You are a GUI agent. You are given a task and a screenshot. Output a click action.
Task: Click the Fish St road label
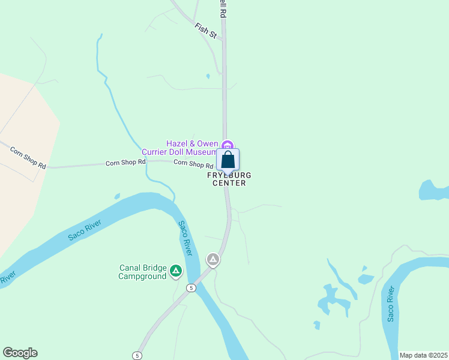point(205,31)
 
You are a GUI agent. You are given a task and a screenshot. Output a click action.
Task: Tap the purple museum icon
point(227,145)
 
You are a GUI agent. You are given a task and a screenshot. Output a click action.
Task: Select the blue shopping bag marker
point(228,160)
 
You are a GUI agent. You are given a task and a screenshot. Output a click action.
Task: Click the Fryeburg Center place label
point(229,179)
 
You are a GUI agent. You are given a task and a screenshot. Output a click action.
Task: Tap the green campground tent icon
point(176,271)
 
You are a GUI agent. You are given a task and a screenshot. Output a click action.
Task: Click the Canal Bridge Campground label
point(142,272)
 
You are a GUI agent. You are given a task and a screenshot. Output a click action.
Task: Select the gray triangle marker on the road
point(212,259)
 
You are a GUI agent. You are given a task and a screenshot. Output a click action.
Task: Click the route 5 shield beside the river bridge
point(191,288)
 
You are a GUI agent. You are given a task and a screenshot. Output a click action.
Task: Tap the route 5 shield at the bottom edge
point(137,355)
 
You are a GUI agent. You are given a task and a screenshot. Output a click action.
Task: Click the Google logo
point(20,353)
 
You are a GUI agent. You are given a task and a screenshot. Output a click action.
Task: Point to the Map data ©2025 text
point(423,355)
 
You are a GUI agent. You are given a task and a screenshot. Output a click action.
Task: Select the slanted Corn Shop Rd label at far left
point(28,157)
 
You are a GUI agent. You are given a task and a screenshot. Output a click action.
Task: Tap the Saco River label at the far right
point(391,304)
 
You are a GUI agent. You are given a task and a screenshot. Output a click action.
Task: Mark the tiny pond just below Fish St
point(208,76)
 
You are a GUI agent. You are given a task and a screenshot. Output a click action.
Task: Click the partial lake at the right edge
point(434,190)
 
